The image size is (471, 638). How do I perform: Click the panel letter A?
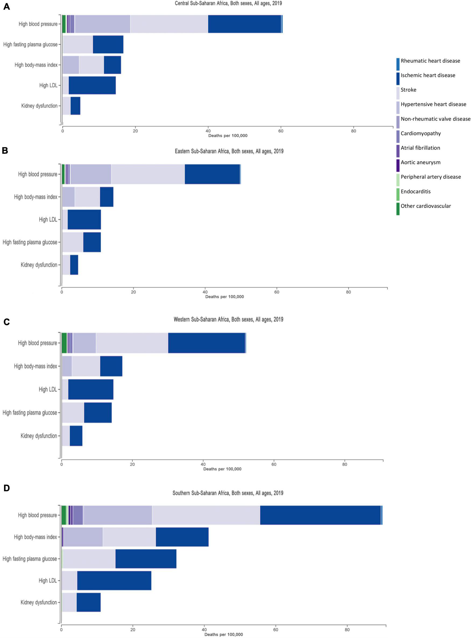point(6,7)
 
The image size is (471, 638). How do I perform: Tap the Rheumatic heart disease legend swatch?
point(398,64)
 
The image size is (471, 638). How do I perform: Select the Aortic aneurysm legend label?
point(420,162)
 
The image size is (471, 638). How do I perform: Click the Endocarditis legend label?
point(415,192)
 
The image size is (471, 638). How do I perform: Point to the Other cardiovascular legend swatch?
point(398,209)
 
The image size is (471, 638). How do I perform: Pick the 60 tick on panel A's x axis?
point(281,131)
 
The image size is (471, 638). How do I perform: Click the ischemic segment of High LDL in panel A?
point(92,85)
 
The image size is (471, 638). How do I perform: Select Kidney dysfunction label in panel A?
point(39,106)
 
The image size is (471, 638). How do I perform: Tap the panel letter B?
point(5,150)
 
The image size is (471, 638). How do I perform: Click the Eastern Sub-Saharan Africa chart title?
point(229,151)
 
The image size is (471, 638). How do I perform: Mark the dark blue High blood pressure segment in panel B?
point(212,174)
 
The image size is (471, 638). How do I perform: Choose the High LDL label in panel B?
point(48,219)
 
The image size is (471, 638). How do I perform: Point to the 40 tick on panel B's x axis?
point(205,292)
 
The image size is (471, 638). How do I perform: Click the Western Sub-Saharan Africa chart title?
point(229,320)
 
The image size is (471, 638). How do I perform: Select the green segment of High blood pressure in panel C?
point(64,343)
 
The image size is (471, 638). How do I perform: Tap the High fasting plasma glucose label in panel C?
point(30,413)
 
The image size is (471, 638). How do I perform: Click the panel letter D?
point(6,488)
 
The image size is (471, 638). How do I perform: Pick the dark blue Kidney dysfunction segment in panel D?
point(88,602)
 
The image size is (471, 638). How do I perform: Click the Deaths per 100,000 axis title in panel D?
point(224,634)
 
